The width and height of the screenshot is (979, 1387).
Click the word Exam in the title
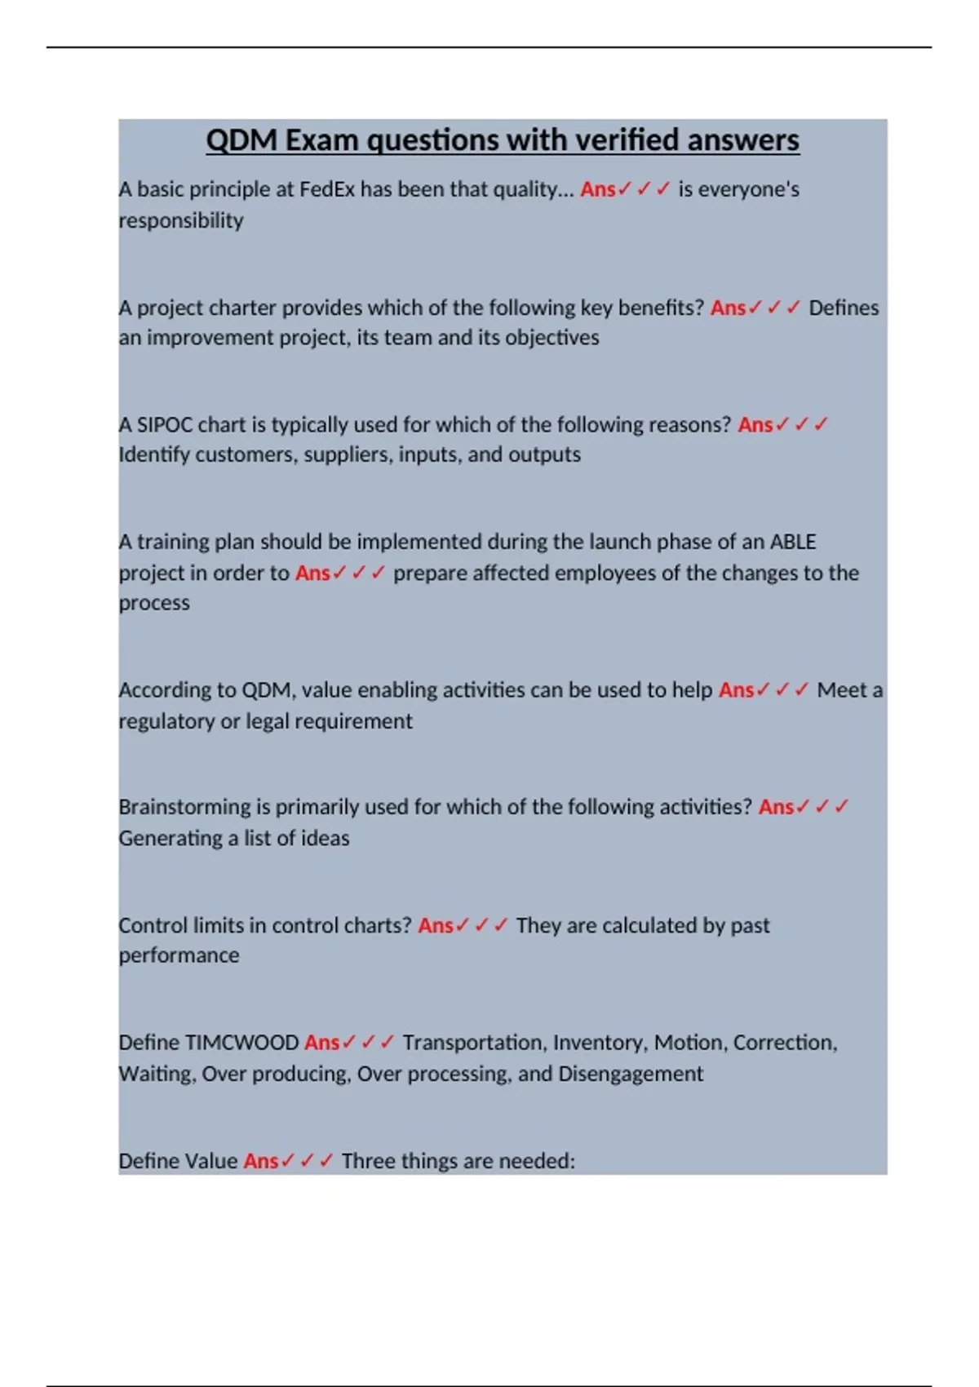pos(321,140)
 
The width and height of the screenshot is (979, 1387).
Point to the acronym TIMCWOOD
pos(242,1043)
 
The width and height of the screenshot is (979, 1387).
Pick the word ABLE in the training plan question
pos(793,542)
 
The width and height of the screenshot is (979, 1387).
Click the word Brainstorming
pos(185,807)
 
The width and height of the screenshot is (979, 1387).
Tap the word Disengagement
pos(631,1074)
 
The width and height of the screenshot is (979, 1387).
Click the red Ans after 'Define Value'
pos(261,1161)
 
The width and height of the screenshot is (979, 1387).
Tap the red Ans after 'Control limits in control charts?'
pos(436,926)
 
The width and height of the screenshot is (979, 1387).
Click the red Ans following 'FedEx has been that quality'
pos(598,189)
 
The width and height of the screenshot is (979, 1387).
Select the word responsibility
pos(181,220)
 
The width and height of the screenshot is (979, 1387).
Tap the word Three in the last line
pos(368,1161)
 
